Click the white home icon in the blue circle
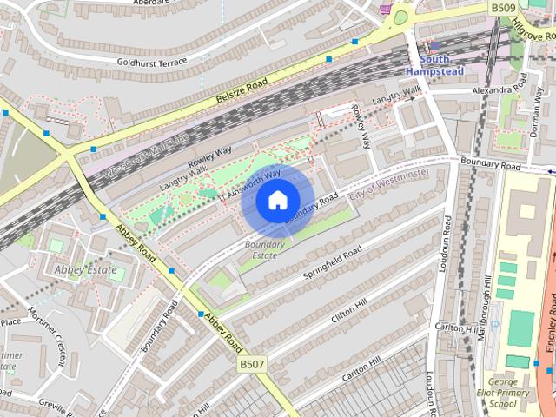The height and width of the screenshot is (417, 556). (276, 201)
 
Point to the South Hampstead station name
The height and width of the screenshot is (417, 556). (435, 64)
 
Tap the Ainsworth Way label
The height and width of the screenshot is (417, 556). (254, 180)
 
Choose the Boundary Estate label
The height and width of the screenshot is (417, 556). (263, 250)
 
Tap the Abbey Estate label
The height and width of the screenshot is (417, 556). (85, 269)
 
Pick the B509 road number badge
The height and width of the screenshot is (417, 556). (503, 8)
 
